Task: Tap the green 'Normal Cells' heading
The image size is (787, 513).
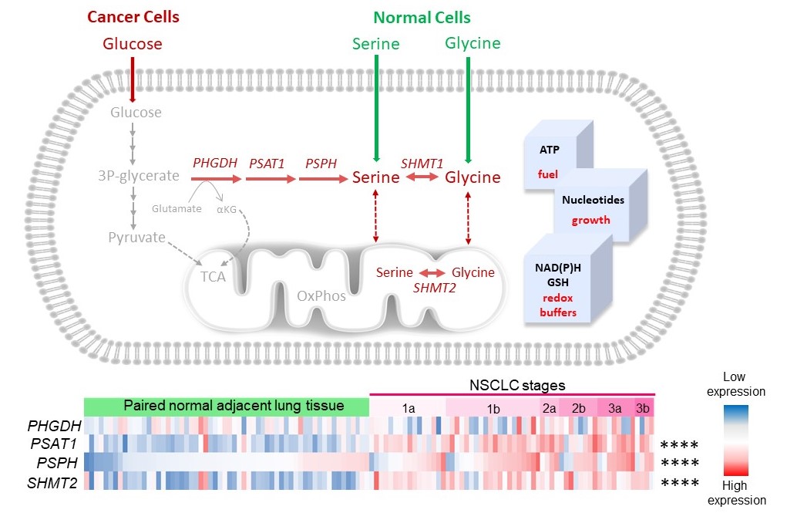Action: (422, 17)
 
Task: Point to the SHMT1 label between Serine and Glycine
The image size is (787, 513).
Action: (422, 163)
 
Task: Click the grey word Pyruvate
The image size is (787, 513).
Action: (137, 237)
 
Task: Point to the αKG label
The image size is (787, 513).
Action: (225, 208)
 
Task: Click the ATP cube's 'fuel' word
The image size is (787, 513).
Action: (547, 174)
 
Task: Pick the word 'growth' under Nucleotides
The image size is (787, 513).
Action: (590, 220)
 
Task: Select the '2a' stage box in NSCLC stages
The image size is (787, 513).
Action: (549, 407)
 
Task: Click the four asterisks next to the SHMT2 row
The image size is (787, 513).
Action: (679, 483)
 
